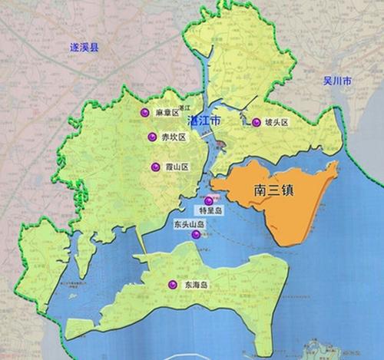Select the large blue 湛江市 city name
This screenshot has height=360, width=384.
tap(203, 121)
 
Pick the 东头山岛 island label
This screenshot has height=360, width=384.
tap(189, 224)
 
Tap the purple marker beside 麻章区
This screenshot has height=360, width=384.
tap(144, 113)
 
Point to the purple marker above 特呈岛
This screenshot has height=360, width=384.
tap(207, 200)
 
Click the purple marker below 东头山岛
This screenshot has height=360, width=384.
tap(195, 234)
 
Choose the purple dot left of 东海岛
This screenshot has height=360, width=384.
tap(173, 285)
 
